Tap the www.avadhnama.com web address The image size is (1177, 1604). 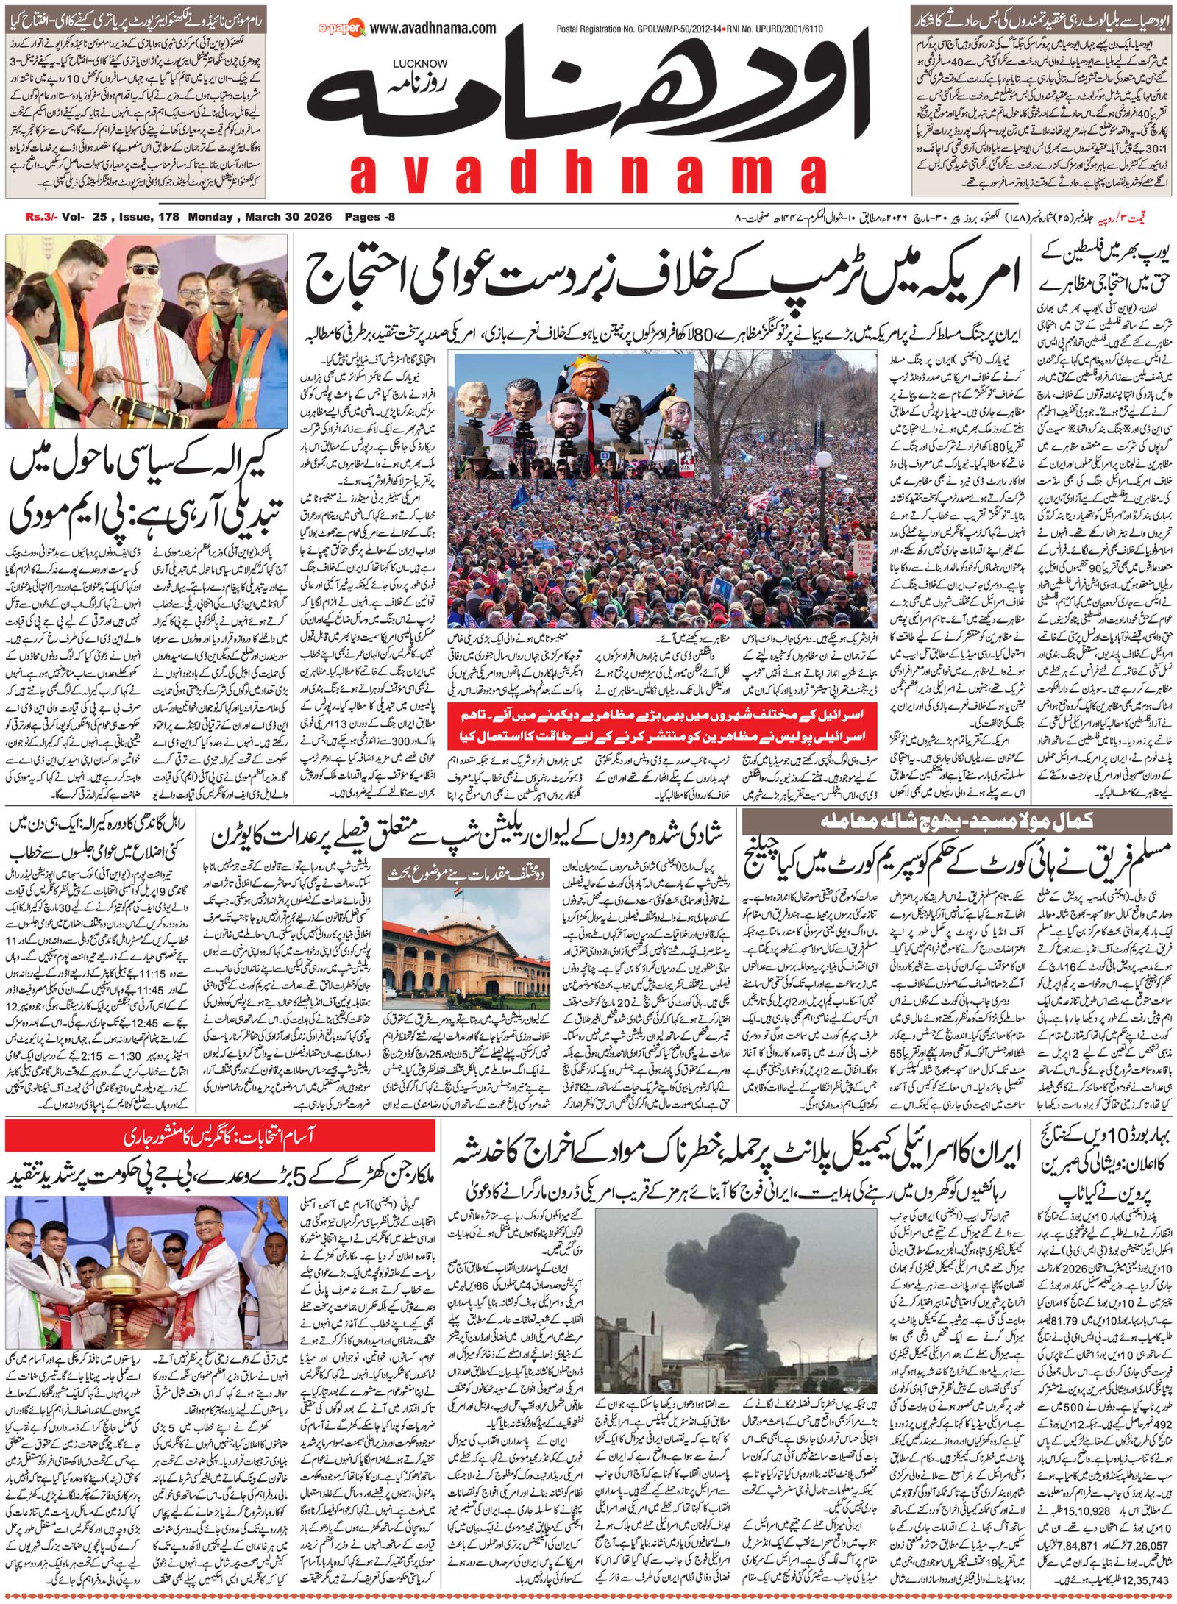433,29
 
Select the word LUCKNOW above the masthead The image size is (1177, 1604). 419,64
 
